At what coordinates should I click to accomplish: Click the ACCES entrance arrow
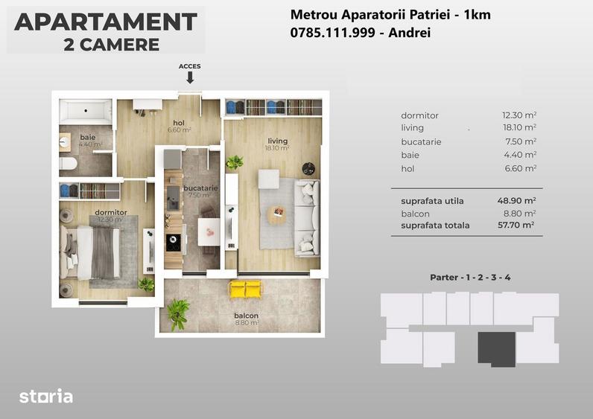click(x=189, y=77)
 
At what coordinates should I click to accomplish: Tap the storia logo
click(x=45, y=396)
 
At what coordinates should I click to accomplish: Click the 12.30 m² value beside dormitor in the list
click(x=519, y=115)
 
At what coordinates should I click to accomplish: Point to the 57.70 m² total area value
click(x=517, y=225)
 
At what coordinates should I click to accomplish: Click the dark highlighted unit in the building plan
click(x=496, y=348)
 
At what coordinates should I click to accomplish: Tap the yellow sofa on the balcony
click(x=247, y=290)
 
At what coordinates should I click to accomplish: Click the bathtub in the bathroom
click(x=86, y=112)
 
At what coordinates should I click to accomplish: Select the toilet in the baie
click(x=68, y=164)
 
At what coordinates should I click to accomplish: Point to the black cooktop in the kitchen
click(x=173, y=241)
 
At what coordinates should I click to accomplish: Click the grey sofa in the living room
click(x=306, y=217)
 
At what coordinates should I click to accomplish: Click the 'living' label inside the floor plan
click(x=277, y=141)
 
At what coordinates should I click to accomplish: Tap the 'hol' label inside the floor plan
click(x=179, y=123)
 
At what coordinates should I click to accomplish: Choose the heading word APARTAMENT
click(x=106, y=22)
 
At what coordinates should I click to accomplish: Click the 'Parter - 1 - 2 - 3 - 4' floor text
click(x=470, y=278)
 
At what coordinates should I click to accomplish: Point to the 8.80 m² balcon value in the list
click(x=519, y=214)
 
